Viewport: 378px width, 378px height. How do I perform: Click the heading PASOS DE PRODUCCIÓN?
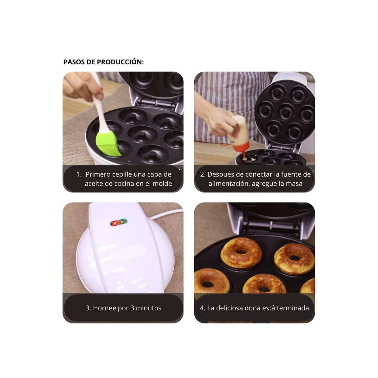tap(103, 62)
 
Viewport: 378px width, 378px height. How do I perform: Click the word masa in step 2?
tap(295, 184)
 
